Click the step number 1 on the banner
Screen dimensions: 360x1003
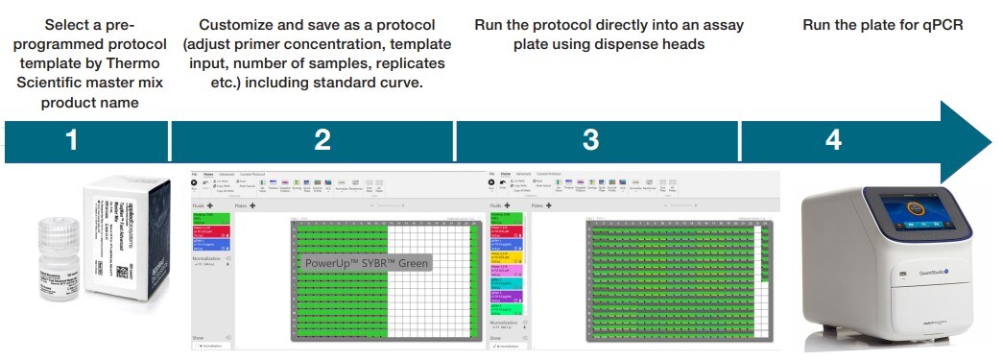pyautogui.click(x=71, y=140)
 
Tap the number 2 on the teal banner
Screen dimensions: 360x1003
pyautogui.click(x=322, y=140)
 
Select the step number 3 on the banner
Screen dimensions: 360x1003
pyautogui.click(x=591, y=140)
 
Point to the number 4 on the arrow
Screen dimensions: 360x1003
pyautogui.click(x=833, y=140)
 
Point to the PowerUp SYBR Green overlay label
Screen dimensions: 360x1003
pyautogui.click(x=367, y=262)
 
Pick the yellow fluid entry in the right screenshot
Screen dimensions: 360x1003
pyautogui.click(x=506, y=257)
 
